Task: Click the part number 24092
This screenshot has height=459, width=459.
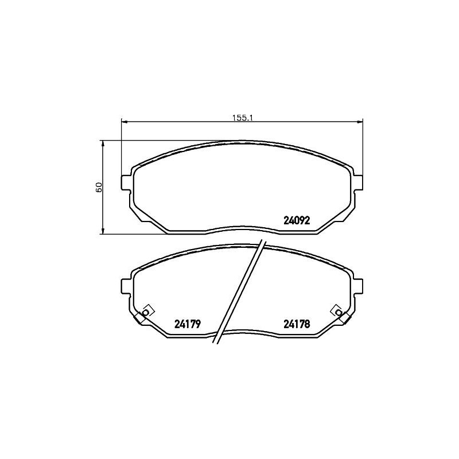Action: [x=297, y=220]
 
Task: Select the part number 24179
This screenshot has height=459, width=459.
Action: [x=186, y=324]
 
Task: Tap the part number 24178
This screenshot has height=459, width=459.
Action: [x=297, y=324]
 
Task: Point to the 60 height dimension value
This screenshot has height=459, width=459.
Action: [x=99, y=186]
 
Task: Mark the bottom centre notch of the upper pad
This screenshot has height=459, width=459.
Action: [x=243, y=227]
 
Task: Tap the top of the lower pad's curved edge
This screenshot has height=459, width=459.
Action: [x=243, y=246]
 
